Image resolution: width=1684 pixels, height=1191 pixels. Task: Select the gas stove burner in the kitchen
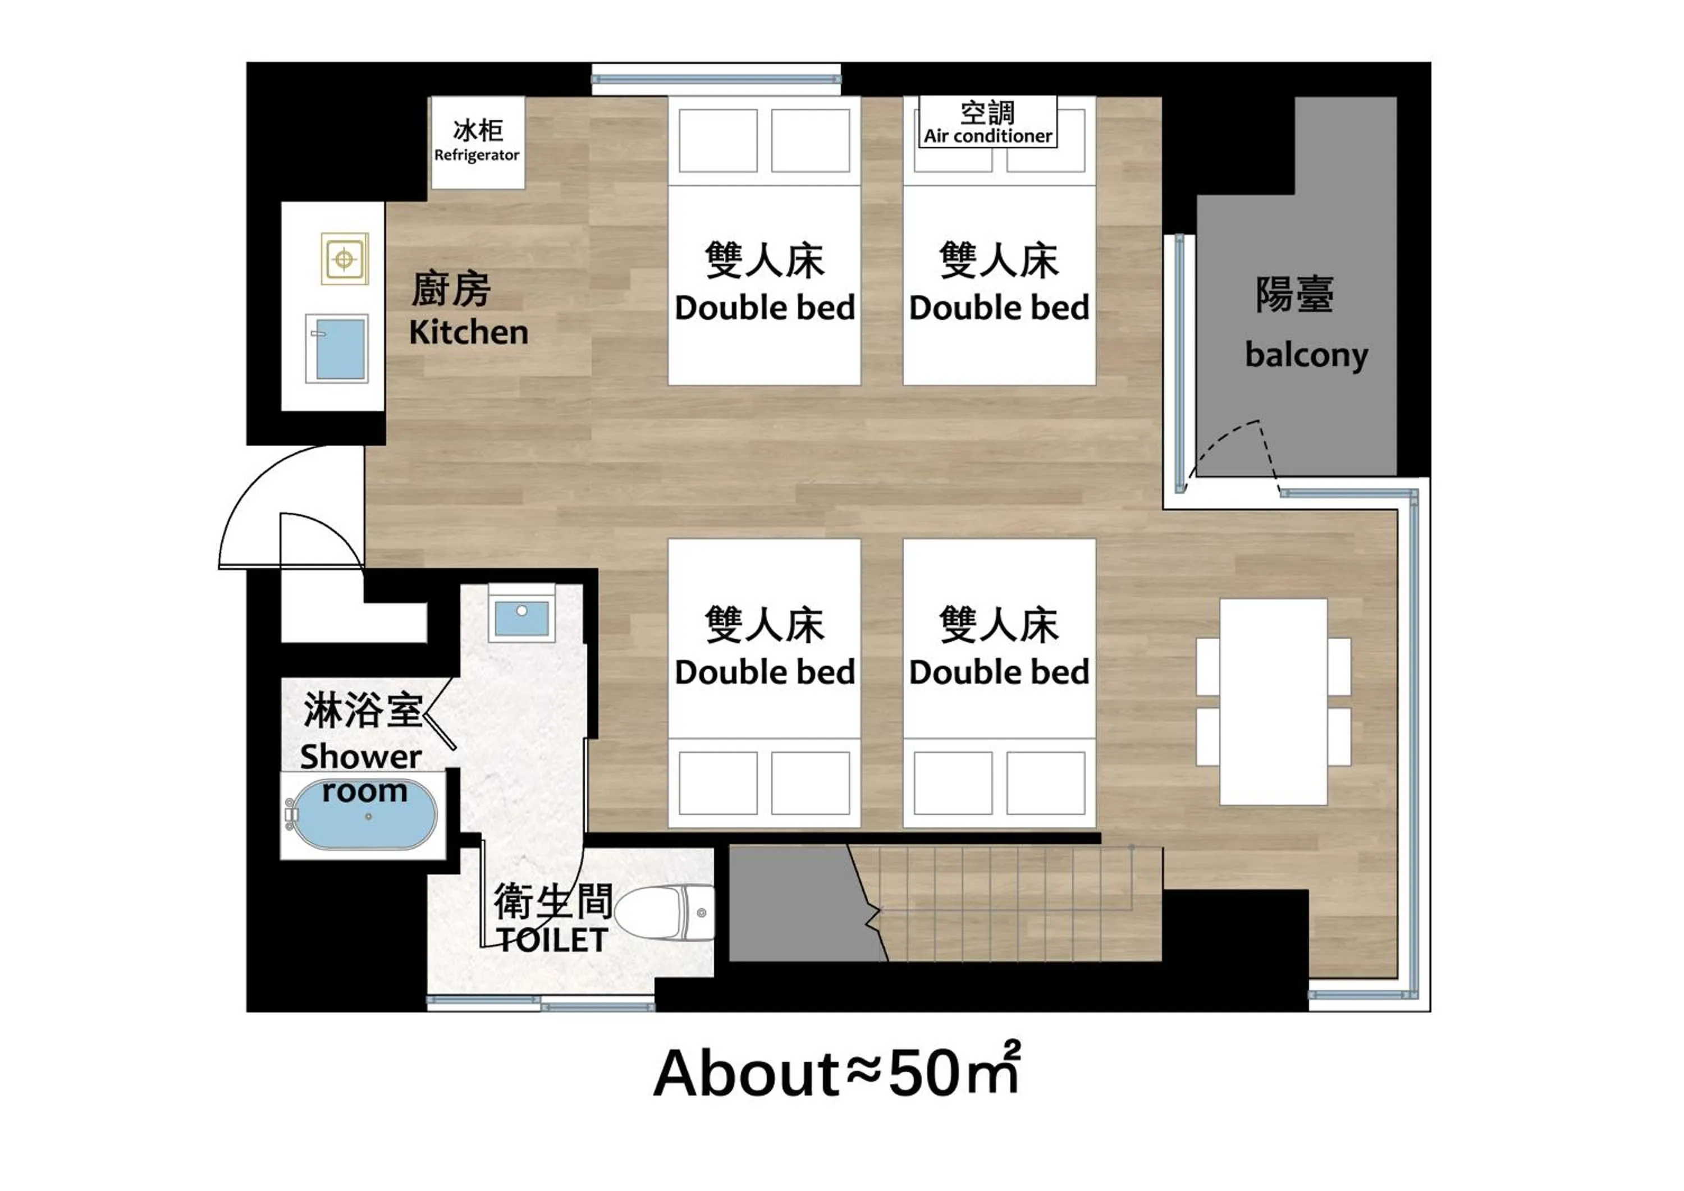(344, 259)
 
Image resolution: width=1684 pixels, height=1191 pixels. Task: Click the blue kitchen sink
(337, 349)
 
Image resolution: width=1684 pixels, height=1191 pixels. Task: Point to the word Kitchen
(469, 332)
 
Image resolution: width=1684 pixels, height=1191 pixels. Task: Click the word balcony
(1306, 356)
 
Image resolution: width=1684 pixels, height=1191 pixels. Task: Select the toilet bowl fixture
(663, 912)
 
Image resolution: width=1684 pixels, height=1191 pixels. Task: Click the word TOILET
(552, 940)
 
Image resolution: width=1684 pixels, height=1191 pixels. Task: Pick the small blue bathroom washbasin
(521, 617)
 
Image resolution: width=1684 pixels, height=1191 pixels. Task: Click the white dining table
(1273, 702)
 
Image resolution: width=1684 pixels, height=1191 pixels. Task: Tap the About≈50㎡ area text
(836, 1072)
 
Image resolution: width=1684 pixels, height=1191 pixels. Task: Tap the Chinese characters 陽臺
(1294, 295)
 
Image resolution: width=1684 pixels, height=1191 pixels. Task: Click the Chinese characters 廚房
(450, 290)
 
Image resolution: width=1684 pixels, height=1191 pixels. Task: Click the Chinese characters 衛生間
(552, 901)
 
